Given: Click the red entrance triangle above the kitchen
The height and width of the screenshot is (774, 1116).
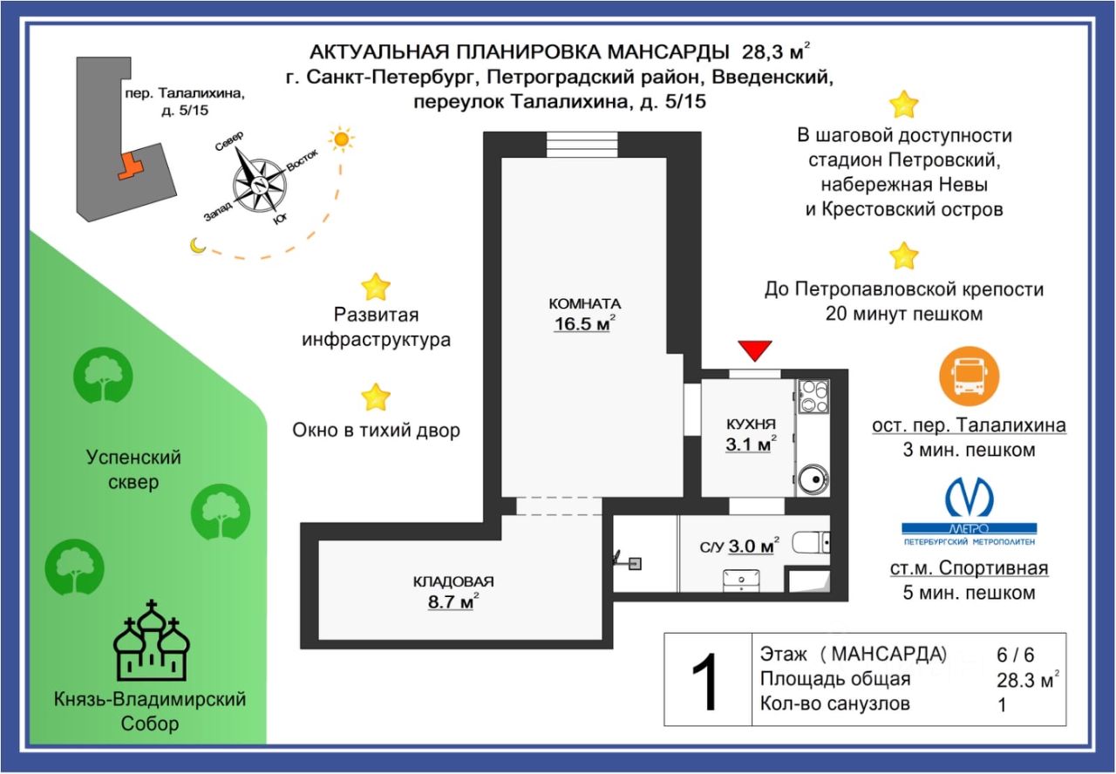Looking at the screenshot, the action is click(x=755, y=350).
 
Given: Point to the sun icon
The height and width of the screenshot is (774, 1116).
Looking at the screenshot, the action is click(x=340, y=139).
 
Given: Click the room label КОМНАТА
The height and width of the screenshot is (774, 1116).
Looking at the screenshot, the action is click(x=584, y=303).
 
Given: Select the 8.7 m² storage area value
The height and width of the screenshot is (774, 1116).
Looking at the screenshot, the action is click(x=453, y=601).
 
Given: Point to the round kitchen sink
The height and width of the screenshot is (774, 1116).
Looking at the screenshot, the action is click(x=813, y=479).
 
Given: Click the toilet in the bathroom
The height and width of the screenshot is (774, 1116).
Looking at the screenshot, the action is click(x=810, y=544).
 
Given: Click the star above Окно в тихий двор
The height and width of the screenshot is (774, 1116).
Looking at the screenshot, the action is click(x=376, y=397).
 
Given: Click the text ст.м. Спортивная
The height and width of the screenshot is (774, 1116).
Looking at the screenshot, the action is click(x=969, y=569).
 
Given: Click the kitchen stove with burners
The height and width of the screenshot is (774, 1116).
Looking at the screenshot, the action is click(x=813, y=396).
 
